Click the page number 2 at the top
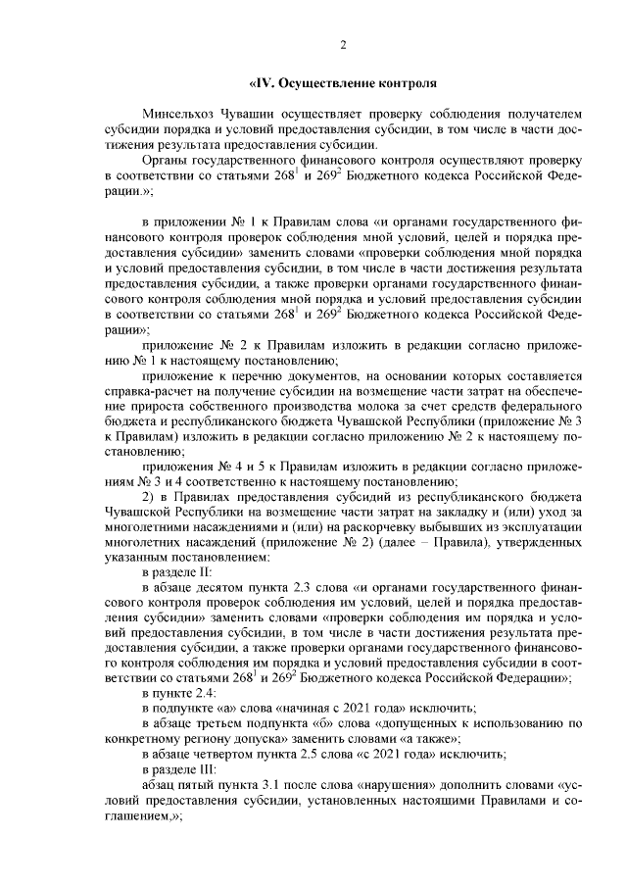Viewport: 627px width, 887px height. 343,43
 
